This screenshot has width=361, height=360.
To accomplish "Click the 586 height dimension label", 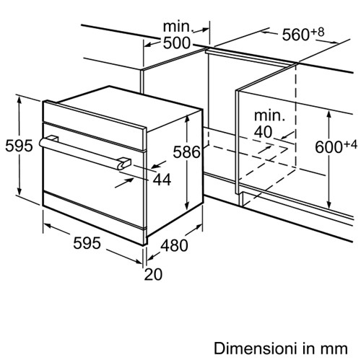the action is pyautogui.click(x=186, y=152).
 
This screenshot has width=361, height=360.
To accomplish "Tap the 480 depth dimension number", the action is pyautogui.click(x=174, y=245).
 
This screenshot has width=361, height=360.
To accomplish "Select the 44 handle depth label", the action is pyautogui.click(x=162, y=180).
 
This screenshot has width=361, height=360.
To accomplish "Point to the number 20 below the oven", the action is pyautogui.click(x=153, y=274).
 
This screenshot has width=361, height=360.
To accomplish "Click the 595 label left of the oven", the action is pyautogui.click(x=19, y=146).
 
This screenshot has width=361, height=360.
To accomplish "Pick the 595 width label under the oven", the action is pyautogui.click(x=87, y=243).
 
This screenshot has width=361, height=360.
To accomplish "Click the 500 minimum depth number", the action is pyautogui.click(x=177, y=43).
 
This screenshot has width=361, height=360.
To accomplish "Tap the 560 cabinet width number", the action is pyautogui.click(x=295, y=35).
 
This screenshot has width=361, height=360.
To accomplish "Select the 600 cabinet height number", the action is pyautogui.click(x=329, y=147).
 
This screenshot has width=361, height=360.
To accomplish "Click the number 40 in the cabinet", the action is pyautogui.click(x=264, y=132).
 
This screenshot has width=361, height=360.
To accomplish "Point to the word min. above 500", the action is pyautogui.click(x=178, y=27).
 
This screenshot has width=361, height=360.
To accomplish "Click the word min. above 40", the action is pyautogui.click(x=269, y=115).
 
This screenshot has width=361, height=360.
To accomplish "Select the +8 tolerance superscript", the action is pyautogui.click(x=317, y=32).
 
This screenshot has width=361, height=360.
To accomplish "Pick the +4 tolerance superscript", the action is pyautogui.click(x=350, y=144).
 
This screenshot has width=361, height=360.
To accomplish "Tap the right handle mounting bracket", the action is pyautogui.click(x=124, y=162).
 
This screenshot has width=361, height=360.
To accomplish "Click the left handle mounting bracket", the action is pyautogui.click(x=53, y=139).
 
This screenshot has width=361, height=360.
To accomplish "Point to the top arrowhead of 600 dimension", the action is pyautogui.click(x=329, y=114).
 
